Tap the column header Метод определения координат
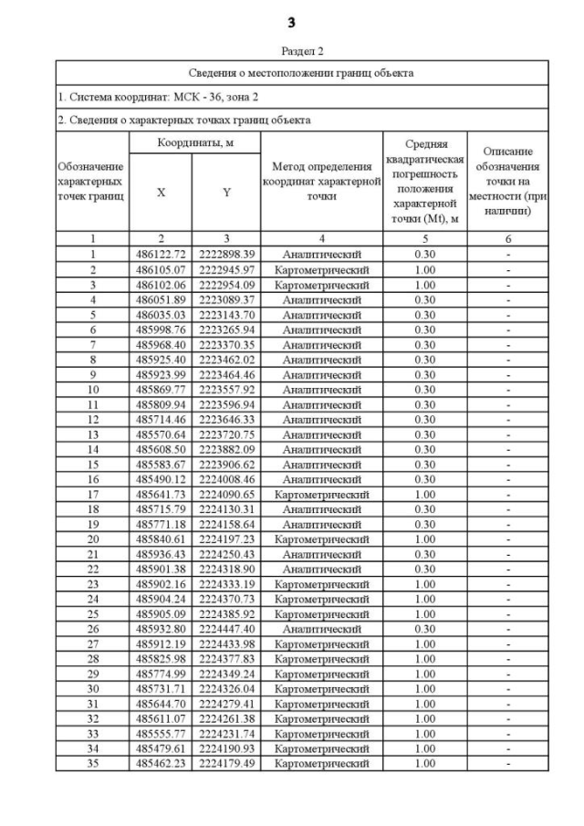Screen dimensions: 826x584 pos(321,181)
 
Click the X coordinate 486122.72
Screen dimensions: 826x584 pos(161,254)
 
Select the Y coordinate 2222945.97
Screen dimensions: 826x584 pos(225,270)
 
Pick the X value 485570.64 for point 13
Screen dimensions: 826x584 pos(161,434)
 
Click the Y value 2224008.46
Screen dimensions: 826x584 pos(225,478)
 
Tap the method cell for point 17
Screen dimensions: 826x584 pos(321,494)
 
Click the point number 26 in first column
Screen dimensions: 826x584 pos(93,629)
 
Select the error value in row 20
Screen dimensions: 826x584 pos(424,538)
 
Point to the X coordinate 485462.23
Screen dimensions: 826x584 pos(161,763)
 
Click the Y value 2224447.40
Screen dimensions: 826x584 pos(225,629)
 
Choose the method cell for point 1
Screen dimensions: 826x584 pos(321,254)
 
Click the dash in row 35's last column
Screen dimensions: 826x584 pos(507,763)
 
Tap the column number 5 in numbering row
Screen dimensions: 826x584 pos(424,239)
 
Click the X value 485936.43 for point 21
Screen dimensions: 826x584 pos(161,554)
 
